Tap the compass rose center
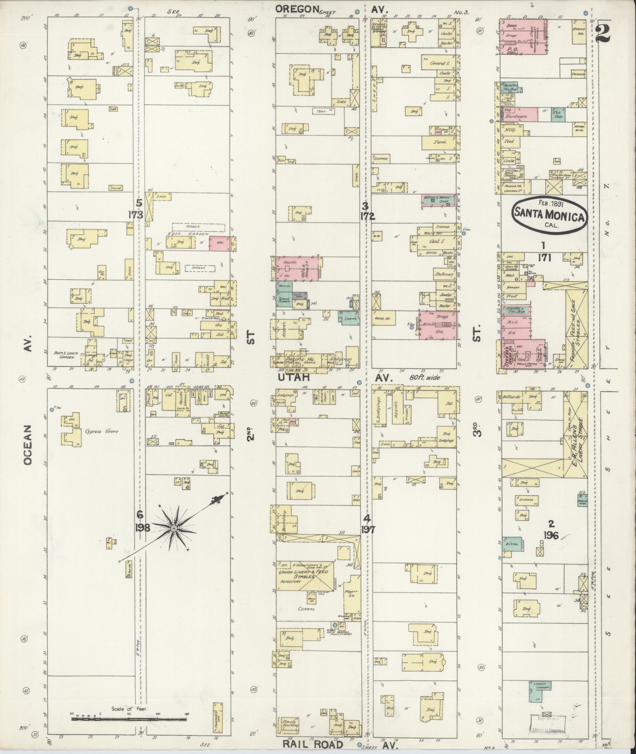tap(173, 528)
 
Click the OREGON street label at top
tap(297, 9)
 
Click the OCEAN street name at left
tap(27, 445)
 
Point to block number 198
tap(142, 527)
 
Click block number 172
tap(367, 216)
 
